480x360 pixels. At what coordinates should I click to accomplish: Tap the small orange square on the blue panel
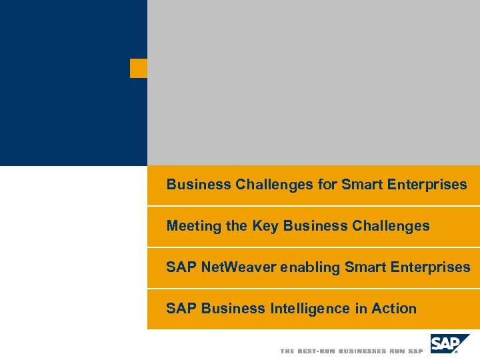coord(139,68)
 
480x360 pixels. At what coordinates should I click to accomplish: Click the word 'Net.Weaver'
coord(239,267)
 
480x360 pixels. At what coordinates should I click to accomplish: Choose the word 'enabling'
coord(308,267)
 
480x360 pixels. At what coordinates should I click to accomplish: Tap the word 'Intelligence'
coord(309,309)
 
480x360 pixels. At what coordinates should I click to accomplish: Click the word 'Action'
coord(394,309)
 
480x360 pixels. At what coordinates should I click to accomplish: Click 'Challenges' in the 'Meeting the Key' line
coord(390,226)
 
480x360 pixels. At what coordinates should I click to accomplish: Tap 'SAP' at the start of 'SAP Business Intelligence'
coord(181,309)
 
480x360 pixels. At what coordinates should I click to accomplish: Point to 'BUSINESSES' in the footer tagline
coord(363,351)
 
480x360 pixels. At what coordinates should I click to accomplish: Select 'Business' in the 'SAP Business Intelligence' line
coord(233,309)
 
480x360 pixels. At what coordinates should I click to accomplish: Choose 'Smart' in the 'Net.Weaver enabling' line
coord(363,267)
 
